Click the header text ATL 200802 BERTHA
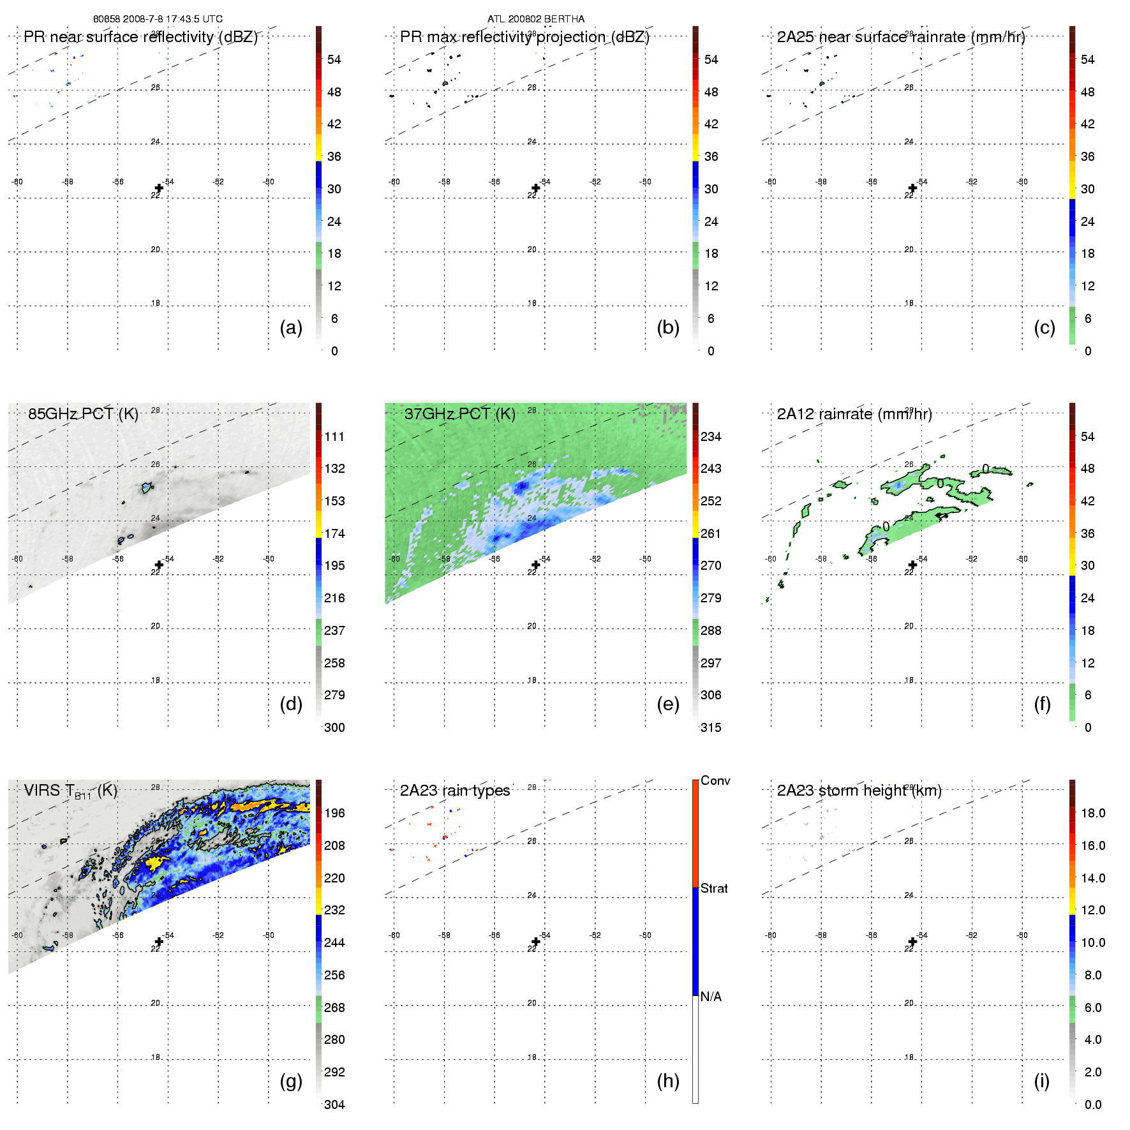click(535, 19)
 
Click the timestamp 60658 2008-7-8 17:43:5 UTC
click(158, 19)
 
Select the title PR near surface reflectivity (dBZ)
click(140, 37)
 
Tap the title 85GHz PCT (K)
click(83, 414)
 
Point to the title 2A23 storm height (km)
click(859, 791)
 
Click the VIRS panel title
click(70, 791)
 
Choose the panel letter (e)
click(667, 704)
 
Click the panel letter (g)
click(291, 1081)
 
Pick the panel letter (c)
click(1044, 327)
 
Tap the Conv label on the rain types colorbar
click(715, 780)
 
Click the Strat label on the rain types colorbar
click(714, 888)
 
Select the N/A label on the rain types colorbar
click(711, 997)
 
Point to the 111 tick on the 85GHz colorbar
click(334, 436)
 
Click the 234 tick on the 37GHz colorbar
click(711, 436)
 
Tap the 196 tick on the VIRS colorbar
click(334, 813)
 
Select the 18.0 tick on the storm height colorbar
click(1092, 813)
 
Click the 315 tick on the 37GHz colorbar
click(711, 727)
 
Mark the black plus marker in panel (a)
click(159, 188)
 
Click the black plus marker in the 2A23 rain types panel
click(536, 942)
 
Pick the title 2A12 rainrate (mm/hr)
click(854, 414)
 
